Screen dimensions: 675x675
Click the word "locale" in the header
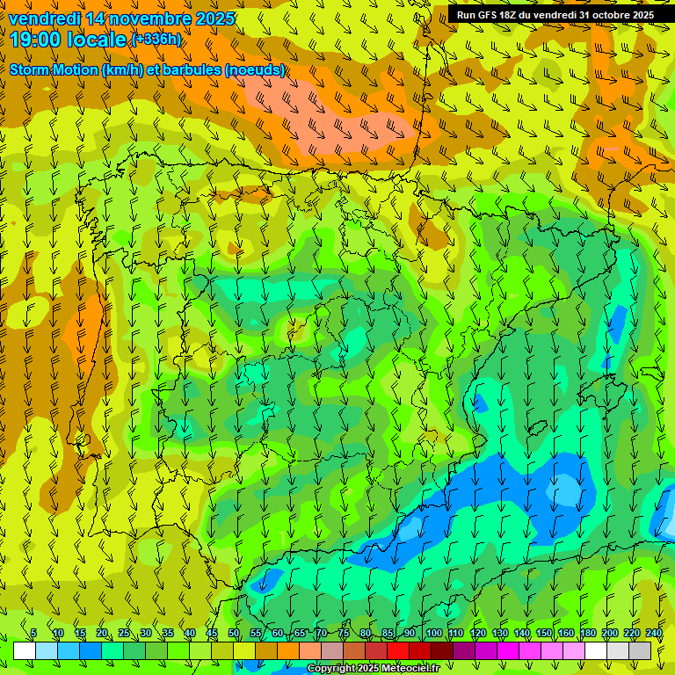coord(97,40)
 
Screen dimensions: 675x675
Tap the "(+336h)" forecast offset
coord(156,40)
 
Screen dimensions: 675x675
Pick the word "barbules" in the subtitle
coord(193,70)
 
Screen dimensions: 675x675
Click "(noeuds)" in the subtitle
coord(256,70)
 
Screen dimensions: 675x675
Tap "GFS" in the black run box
coord(489,15)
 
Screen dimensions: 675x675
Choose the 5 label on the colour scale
coord(33,633)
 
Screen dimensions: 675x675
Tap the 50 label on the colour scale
coord(234,633)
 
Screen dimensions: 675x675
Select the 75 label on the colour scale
coord(344,633)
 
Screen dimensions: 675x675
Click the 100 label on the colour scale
coord(433,633)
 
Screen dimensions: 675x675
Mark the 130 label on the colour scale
coord(499,633)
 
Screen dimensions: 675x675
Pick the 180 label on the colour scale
coord(587,633)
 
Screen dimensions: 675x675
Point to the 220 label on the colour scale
coord(632,633)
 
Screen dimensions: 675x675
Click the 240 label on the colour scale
coord(654,633)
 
